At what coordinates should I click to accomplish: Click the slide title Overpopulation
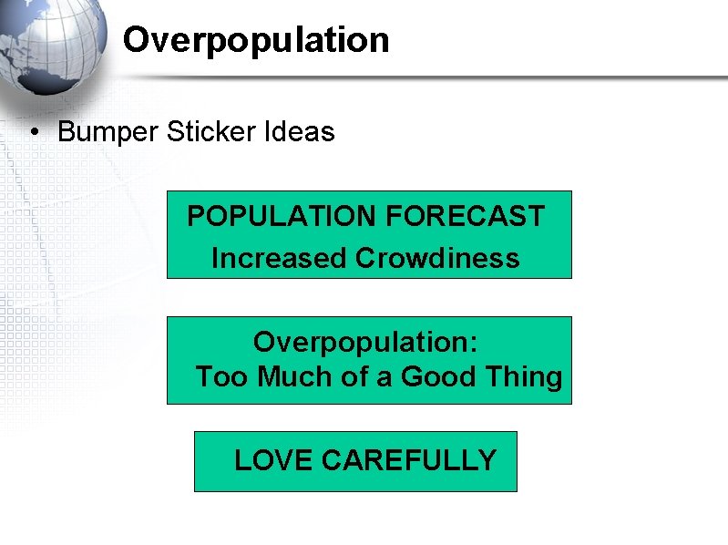256,40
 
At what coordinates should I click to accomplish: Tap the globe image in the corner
50,46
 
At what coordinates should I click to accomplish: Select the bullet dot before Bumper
33,132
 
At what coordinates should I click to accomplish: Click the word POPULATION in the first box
282,217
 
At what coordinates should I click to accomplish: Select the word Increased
280,259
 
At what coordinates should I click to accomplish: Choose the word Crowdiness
437,259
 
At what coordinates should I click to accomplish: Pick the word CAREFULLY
409,460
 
